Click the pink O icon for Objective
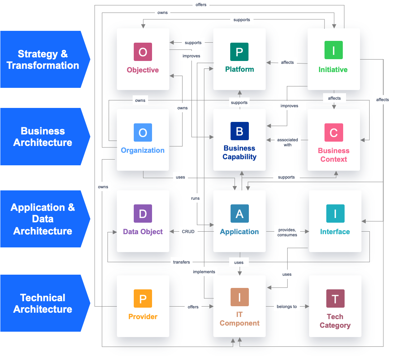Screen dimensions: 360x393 click(143, 52)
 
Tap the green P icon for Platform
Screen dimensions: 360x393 click(239, 52)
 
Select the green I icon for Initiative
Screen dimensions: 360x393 click(333, 50)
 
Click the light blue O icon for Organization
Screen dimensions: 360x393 click(143, 133)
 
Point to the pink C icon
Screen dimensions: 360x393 click(333, 133)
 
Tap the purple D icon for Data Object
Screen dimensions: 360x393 click(143, 214)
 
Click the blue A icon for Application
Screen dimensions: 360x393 click(239, 214)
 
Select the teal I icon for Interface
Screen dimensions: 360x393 click(335, 214)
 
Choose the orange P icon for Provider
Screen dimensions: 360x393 click(143, 299)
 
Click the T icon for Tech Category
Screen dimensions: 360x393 click(335, 299)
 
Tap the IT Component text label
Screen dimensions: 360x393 click(239, 319)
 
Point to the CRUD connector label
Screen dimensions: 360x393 click(188, 232)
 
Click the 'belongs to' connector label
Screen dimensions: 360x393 click(287, 307)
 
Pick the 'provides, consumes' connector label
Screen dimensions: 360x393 click(287, 232)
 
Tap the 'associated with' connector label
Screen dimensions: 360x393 click(288, 142)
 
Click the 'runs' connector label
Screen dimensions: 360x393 click(195, 198)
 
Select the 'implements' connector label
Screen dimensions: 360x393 click(204, 272)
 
